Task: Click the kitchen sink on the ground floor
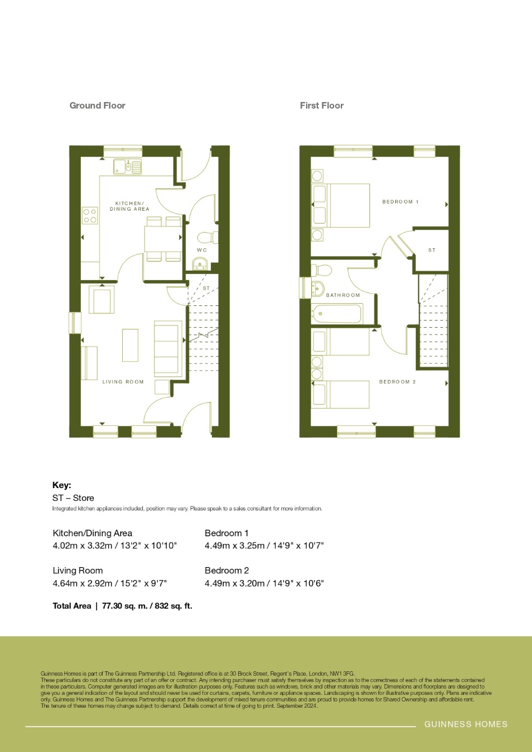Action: (128, 166)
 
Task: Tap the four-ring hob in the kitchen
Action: (90, 216)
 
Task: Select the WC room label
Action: (202, 250)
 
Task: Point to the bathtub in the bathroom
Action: (337, 314)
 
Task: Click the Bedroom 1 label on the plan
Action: (400, 202)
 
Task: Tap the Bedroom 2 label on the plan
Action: (397, 382)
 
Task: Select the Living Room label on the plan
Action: (123, 382)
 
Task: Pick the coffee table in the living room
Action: (130, 345)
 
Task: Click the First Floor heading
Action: (322, 105)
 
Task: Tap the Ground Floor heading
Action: (98, 105)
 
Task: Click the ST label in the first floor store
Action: (432, 250)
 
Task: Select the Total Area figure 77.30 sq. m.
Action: (125, 606)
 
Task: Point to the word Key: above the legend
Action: (62, 485)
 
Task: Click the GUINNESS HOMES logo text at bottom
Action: (466, 724)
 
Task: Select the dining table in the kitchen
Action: (164, 239)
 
